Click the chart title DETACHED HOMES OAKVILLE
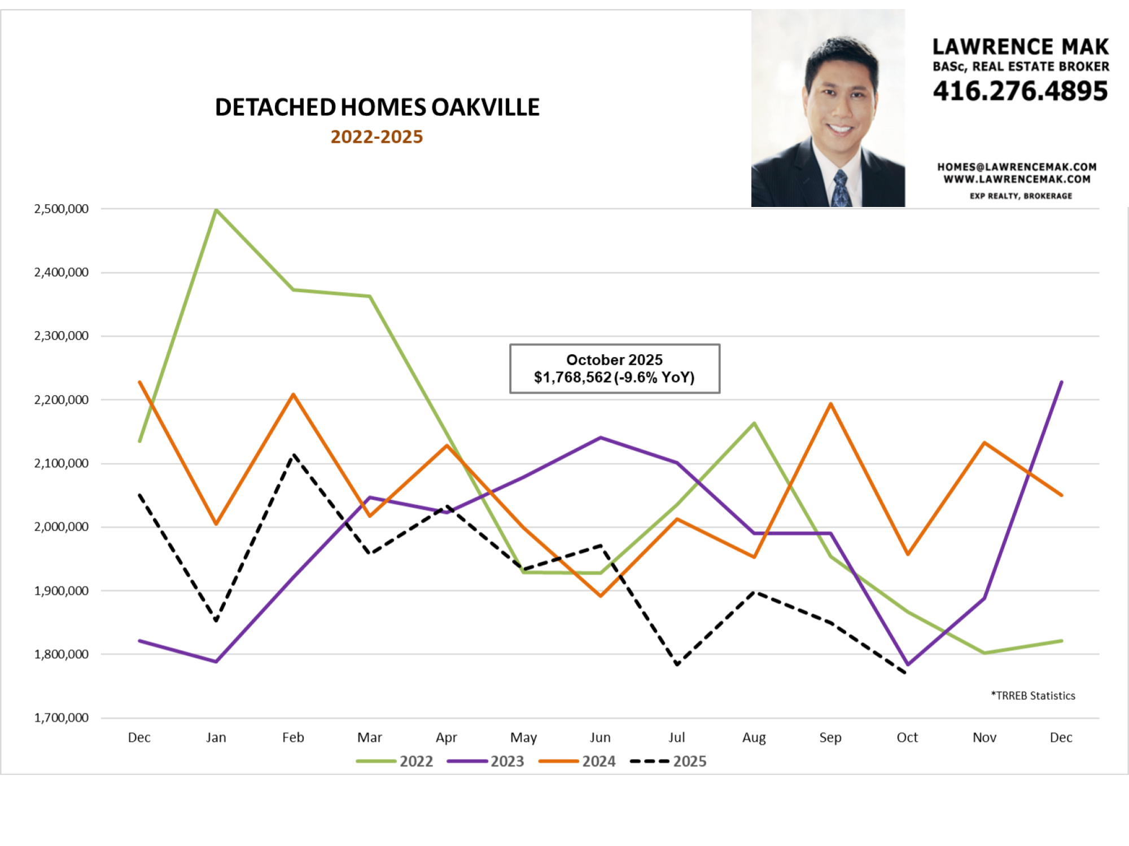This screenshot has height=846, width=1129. pyautogui.click(x=377, y=107)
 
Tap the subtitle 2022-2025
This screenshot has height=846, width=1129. pyautogui.click(x=377, y=137)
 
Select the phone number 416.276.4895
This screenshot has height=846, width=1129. pyautogui.click(x=1020, y=91)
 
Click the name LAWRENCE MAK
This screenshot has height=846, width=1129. pyautogui.click(x=1020, y=47)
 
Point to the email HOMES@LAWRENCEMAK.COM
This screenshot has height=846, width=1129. pyautogui.click(x=1017, y=167)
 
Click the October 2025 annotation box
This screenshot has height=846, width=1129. pyautogui.click(x=614, y=368)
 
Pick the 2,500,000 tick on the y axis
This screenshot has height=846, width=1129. pyautogui.click(x=62, y=209)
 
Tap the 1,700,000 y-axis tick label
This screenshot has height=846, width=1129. pyautogui.click(x=62, y=718)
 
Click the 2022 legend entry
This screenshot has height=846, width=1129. pyautogui.click(x=395, y=761)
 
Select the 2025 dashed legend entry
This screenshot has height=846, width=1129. pyautogui.click(x=669, y=761)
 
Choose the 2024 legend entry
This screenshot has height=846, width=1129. pyautogui.click(x=577, y=761)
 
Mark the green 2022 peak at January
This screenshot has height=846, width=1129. pyautogui.click(x=216, y=209)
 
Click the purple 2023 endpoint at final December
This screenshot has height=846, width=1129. pyautogui.click(x=1061, y=382)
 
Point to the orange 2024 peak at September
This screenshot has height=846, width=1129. pyautogui.click(x=831, y=404)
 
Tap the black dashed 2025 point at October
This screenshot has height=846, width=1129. pyautogui.click(x=906, y=672)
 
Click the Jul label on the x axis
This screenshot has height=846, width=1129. pyautogui.click(x=677, y=738)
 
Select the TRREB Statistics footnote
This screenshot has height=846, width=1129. pyautogui.click(x=1033, y=696)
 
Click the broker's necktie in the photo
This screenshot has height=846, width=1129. pyautogui.click(x=841, y=188)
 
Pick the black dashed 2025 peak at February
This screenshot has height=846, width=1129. pyautogui.click(x=294, y=455)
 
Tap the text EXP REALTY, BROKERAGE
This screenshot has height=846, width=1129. pyautogui.click(x=1021, y=196)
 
